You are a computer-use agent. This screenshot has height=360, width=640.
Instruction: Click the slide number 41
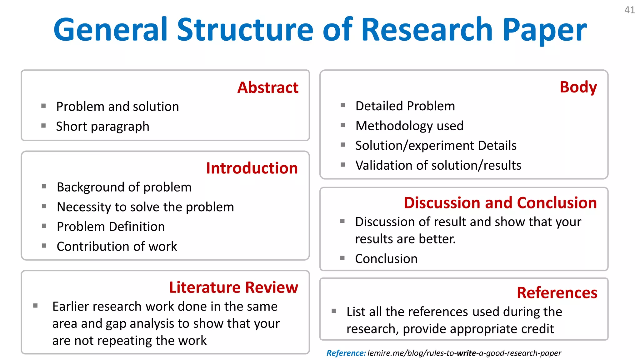tap(629, 10)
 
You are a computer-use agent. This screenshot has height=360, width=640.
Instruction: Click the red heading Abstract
tap(268, 87)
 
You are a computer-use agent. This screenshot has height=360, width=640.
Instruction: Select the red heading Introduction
tap(252, 168)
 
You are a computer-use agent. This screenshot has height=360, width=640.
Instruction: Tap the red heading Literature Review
tap(233, 287)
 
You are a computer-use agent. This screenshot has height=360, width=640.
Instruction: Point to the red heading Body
tap(578, 87)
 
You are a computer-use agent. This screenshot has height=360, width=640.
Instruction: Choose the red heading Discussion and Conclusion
tap(500, 203)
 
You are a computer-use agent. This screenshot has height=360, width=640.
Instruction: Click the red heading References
tap(557, 293)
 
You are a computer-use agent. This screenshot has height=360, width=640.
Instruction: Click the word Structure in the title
tap(245, 30)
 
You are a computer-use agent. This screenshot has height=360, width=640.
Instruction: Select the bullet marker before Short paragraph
tap(43, 126)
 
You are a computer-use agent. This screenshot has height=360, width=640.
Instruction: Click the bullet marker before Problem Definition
tap(44, 226)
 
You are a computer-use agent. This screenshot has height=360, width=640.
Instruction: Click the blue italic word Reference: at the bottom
tap(346, 353)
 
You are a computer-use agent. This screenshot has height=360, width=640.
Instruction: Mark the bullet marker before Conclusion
tap(342, 258)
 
